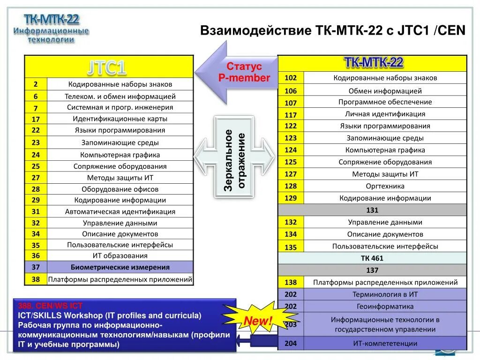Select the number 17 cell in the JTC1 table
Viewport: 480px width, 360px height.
point(36,119)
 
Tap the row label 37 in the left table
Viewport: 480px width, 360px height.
point(36,267)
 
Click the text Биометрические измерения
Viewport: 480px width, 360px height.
point(120,267)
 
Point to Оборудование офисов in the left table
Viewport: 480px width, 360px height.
point(120,189)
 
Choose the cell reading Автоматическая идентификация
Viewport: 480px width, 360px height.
point(120,212)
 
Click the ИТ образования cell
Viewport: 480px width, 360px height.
point(120,256)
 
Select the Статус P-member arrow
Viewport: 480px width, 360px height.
point(237,73)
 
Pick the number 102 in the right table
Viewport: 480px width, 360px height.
point(291,78)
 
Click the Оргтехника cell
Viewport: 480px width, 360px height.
point(385,186)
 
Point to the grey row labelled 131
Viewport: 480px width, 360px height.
point(372,210)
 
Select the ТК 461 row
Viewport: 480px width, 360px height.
point(372,258)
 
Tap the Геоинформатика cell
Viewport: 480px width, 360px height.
point(385,307)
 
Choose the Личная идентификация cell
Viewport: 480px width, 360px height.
point(385,114)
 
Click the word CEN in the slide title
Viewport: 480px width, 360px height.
point(451,31)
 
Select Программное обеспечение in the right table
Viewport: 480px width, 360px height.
point(385,102)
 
